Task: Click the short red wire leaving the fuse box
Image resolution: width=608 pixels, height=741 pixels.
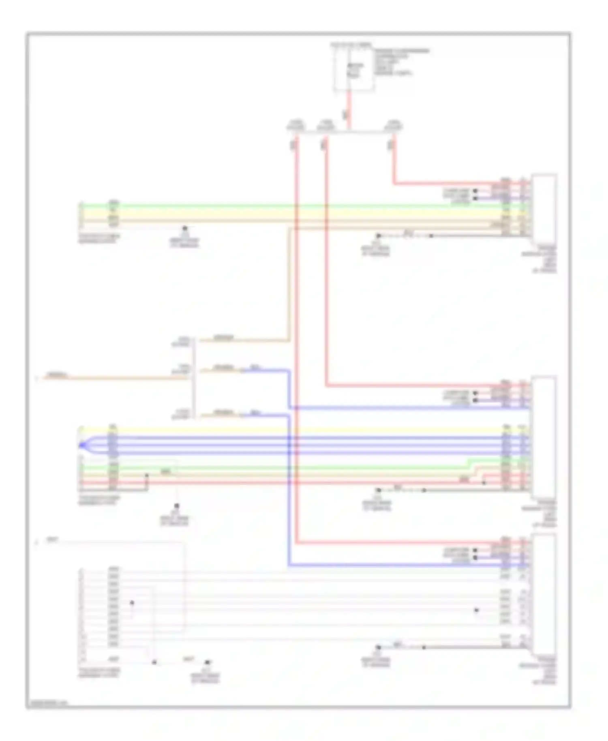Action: pyautogui.click(x=349, y=109)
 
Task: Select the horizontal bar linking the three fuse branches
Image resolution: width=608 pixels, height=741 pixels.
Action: pyautogui.click(x=345, y=132)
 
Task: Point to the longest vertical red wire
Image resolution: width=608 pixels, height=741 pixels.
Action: pyautogui.click(x=296, y=341)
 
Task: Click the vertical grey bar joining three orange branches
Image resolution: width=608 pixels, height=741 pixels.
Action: pyautogui.click(x=195, y=377)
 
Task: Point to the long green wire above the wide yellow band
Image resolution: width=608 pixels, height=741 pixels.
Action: pyautogui.click(x=284, y=206)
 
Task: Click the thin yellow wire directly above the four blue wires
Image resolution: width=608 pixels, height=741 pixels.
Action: pyautogui.click(x=284, y=430)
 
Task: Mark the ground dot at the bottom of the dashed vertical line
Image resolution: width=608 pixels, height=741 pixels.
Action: pyautogui.click(x=176, y=506)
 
